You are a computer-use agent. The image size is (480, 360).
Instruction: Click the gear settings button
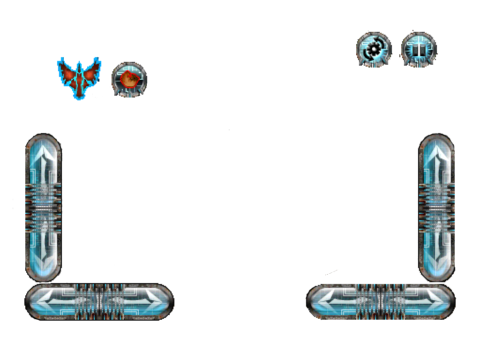(x=374, y=50)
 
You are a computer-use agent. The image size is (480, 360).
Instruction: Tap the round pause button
(x=419, y=50)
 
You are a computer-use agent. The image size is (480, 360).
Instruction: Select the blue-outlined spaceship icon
(x=79, y=77)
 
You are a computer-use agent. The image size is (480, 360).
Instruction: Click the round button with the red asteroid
(x=129, y=80)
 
